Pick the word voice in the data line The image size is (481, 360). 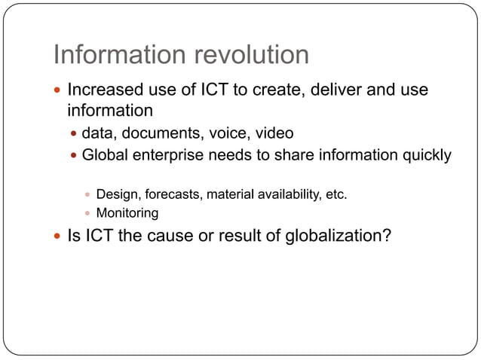tap(229, 134)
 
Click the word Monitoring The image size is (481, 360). tap(127, 213)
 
